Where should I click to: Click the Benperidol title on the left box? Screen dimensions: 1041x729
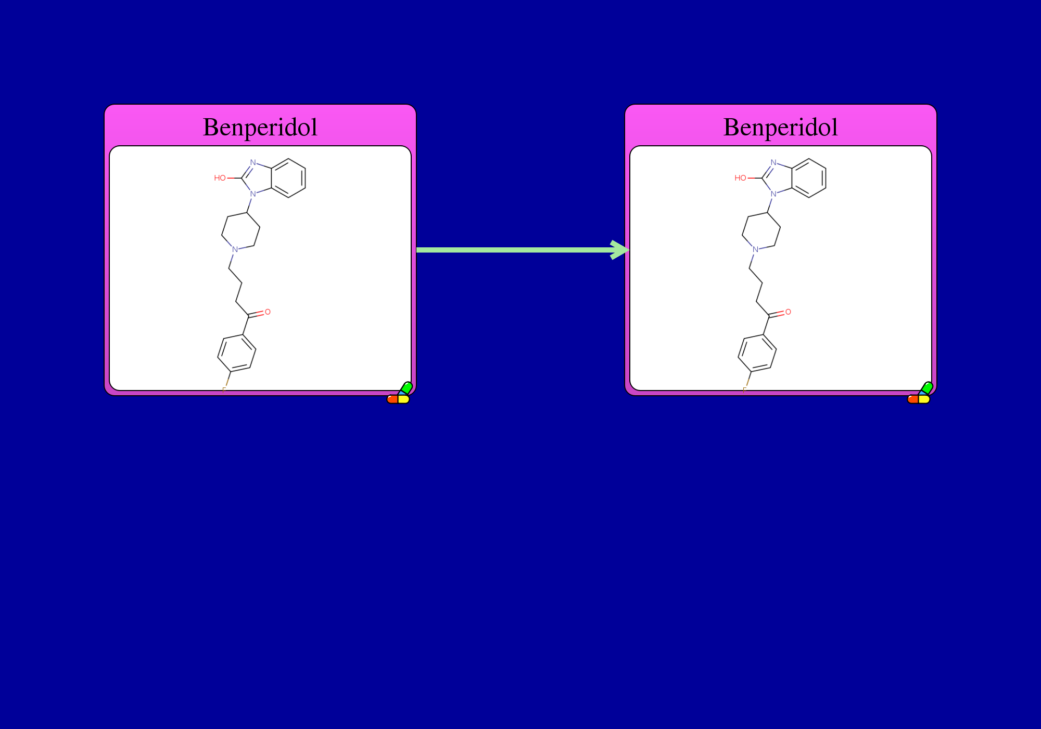pyautogui.click(x=260, y=128)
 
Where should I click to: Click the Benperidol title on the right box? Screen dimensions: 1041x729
pyautogui.click(x=781, y=128)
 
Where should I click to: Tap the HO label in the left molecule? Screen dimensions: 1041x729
pyautogui.click(x=220, y=178)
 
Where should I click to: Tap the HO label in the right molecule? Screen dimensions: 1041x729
pyautogui.click(x=740, y=178)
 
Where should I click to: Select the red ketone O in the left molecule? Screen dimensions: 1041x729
pyautogui.click(x=268, y=312)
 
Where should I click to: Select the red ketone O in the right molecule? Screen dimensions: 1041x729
pyautogui.click(x=788, y=312)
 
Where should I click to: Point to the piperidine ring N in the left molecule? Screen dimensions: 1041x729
pyautogui.click(x=235, y=249)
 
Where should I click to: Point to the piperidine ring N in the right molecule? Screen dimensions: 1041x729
pyautogui.click(x=755, y=249)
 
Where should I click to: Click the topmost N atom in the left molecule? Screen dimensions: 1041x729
pyautogui.click(x=253, y=162)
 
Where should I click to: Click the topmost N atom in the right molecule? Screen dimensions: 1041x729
pyautogui.click(x=773, y=162)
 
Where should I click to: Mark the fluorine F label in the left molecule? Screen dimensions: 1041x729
pyautogui.click(x=224, y=389)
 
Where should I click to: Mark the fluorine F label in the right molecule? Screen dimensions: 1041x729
pyautogui.click(x=745, y=389)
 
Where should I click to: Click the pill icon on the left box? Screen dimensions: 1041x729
pyautogui.click(x=400, y=393)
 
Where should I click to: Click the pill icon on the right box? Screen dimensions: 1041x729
pyautogui.click(x=920, y=393)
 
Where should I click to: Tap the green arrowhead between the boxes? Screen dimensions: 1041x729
pyautogui.click(x=620, y=250)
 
